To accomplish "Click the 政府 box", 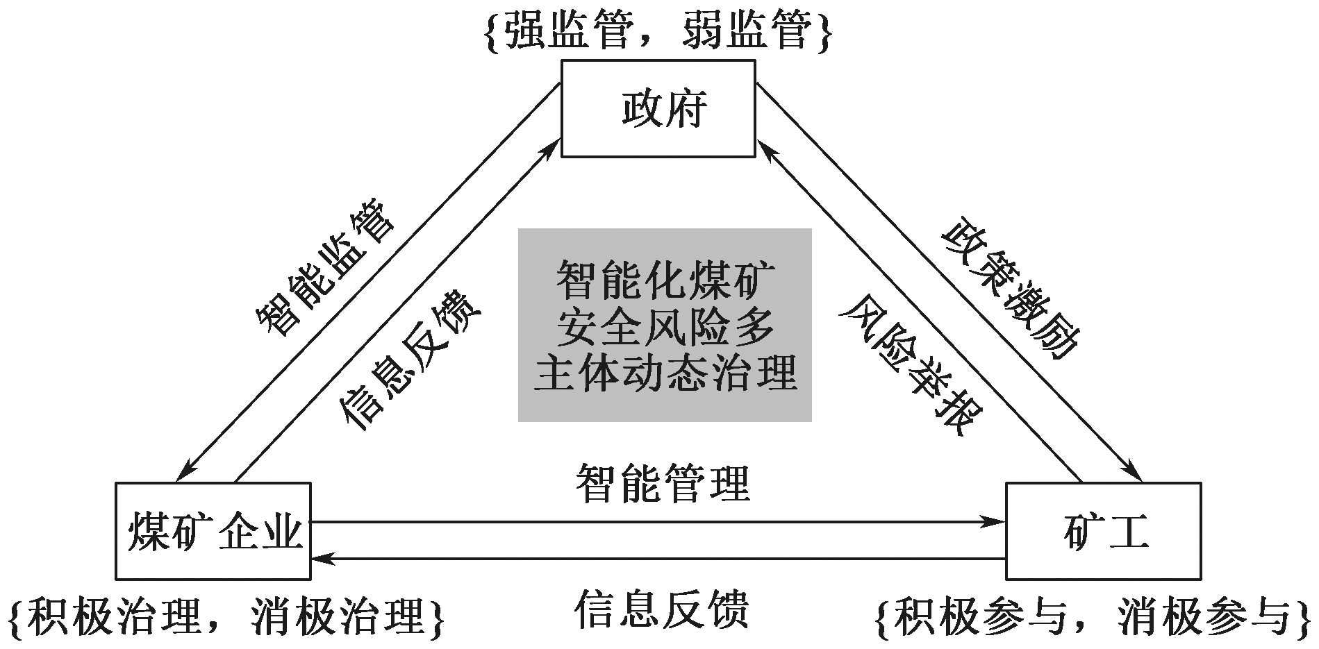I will pos(658,108).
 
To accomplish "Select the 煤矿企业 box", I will pos(213,531).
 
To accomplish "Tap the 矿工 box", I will pos(1103,531).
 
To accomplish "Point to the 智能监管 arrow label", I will pos(324,267).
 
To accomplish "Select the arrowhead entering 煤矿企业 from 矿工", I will pos(320,558).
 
